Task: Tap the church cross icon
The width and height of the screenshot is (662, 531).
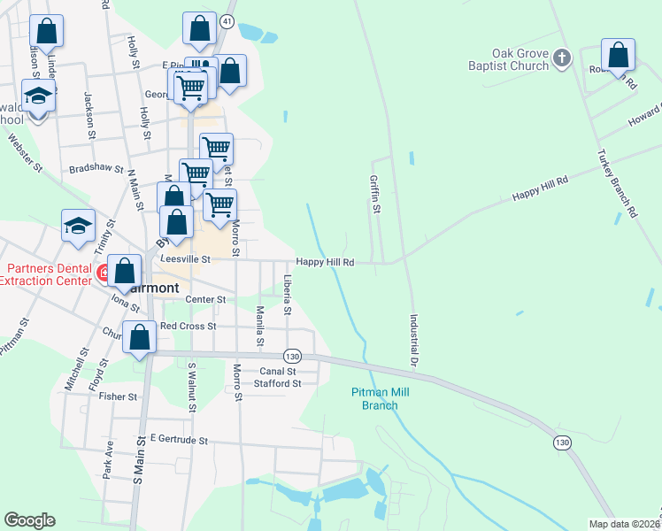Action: click(x=561, y=59)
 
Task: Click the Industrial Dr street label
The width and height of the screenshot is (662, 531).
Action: click(x=412, y=341)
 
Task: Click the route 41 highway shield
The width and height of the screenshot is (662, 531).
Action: click(x=227, y=20)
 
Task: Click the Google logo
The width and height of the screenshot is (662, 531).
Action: click(x=29, y=520)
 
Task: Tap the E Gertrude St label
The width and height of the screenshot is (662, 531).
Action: click(x=179, y=439)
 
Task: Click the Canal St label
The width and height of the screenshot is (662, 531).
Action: click(x=277, y=371)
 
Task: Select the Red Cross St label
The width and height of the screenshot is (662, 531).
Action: click(x=189, y=326)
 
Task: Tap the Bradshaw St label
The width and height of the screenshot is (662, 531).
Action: click(x=96, y=167)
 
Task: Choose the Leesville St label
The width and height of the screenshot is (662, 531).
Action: click(x=185, y=259)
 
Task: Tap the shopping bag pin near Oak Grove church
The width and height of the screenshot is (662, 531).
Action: click(x=618, y=55)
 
